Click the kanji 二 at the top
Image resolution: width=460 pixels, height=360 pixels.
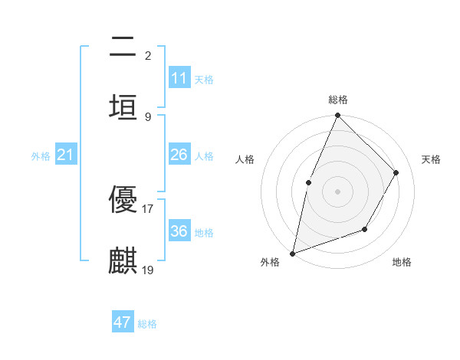[x=123, y=47]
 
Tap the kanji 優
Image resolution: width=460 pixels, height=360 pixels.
[x=123, y=200]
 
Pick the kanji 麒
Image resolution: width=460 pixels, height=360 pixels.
[x=123, y=260]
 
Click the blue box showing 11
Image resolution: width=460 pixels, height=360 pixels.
[x=179, y=78]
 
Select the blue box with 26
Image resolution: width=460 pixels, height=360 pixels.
[x=179, y=155]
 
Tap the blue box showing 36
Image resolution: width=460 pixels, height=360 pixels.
[x=179, y=231]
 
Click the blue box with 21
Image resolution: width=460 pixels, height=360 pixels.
[x=65, y=155]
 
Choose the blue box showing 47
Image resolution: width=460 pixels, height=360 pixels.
[x=123, y=322]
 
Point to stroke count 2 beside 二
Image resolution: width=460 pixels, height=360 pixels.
[x=148, y=55]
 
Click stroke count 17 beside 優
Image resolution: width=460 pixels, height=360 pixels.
[x=147, y=208]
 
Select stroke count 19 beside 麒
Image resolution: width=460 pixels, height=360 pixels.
[x=148, y=270]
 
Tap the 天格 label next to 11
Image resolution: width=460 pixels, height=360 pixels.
[x=204, y=80]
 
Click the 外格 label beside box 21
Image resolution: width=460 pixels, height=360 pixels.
[x=41, y=156]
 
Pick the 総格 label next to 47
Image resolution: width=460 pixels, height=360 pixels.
[x=147, y=324]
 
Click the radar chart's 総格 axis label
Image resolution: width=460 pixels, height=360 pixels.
[x=338, y=100]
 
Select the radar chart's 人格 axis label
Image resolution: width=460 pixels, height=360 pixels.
[x=245, y=159]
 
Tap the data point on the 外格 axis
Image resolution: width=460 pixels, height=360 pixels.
[x=292, y=254]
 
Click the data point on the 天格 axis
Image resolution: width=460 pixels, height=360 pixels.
[x=396, y=172]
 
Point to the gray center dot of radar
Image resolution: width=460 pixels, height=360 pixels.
[x=337, y=191]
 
